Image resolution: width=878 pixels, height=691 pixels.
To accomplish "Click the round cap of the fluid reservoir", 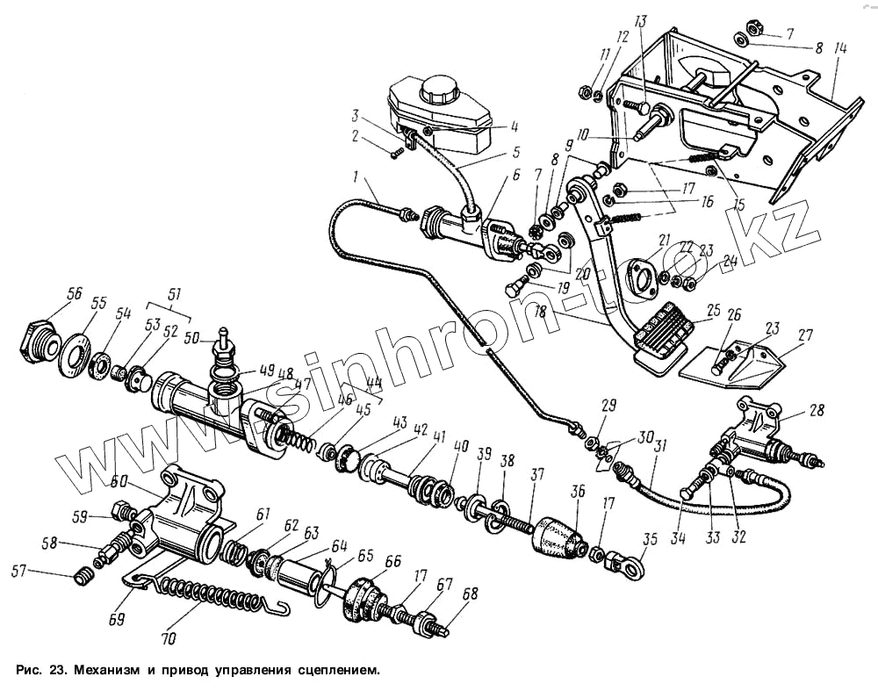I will (x=436, y=90).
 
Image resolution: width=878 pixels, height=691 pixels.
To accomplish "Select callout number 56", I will (x=76, y=294).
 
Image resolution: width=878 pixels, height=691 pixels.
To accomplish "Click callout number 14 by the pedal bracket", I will (x=840, y=50).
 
